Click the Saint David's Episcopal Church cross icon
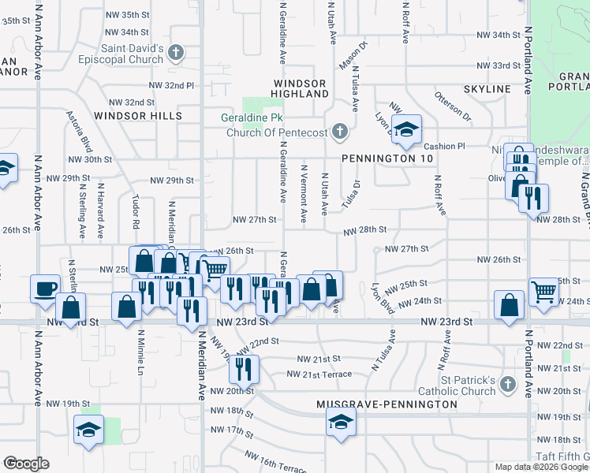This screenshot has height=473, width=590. pyautogui.click(x=176, y=54)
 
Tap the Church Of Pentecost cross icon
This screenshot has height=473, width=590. pyautogui.click(x=340, y=132)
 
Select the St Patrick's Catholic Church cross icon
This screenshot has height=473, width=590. pyautogui.click(x=507, y=385)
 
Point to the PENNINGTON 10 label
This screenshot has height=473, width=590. pyautogui.click(x=387, y=158)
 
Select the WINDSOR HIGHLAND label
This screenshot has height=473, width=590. pyautogui.click(x=300, y=88)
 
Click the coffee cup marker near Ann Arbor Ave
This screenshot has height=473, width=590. pyautogui.click(x=45, y=287)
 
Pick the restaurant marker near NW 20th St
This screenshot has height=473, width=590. pyautogui.click(x=244, y=368)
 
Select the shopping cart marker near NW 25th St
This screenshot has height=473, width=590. pyautogui.click(x=543, y=291)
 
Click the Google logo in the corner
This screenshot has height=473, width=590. pyautogui.click(x=25, y=464)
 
